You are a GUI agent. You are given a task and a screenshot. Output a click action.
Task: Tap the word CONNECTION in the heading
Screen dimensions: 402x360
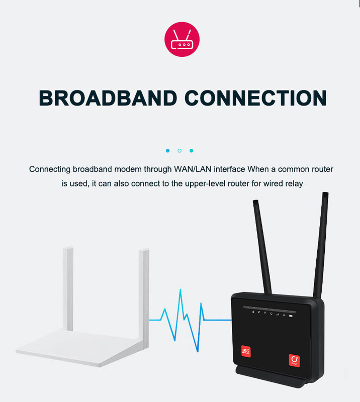click(254, 97)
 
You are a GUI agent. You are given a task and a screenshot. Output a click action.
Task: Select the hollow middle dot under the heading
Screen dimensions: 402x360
click(179, 150)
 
